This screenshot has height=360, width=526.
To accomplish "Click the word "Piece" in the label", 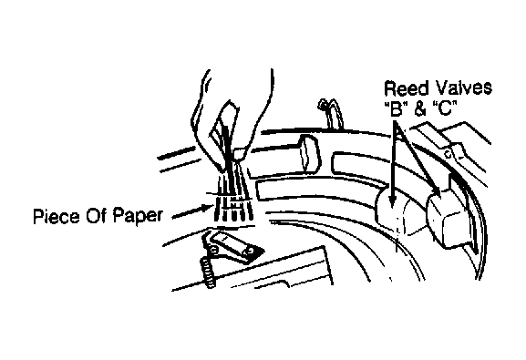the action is (x=56, y=216).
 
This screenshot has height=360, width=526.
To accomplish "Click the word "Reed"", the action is (x=407, y=88).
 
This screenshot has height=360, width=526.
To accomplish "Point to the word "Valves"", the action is (x=464, y=87).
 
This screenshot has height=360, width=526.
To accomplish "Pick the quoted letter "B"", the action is (x=397, y=108).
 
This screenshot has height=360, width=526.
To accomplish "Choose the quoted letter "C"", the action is (x=445, y=108).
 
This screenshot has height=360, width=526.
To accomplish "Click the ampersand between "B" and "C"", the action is (x=420, y=108).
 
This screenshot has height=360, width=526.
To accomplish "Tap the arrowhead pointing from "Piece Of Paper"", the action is (x=208, y=209).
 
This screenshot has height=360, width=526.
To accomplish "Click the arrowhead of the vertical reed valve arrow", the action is (x=390, y=201).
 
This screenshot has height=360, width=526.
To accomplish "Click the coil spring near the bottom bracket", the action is (x=209, y=273).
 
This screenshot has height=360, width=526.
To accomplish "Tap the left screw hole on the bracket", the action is (x=214, y=250).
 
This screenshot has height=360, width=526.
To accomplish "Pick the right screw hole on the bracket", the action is (x=249, y=251).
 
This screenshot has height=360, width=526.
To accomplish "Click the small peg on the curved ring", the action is (x=309, y=151).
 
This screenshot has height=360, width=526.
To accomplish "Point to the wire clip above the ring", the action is (x=330, y=113).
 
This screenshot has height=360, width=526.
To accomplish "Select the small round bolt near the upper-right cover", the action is (x=448, y=154).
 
